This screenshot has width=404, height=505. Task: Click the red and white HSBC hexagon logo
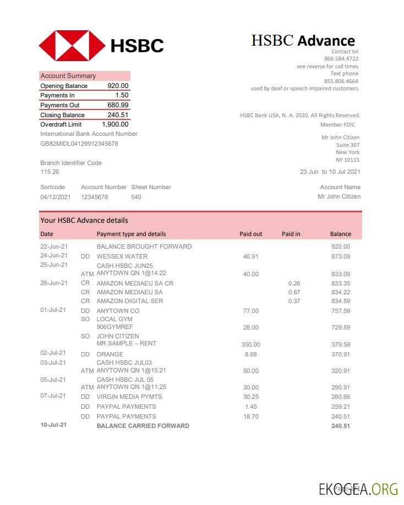[72, 45]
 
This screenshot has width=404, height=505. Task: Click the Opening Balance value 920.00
[118, 86]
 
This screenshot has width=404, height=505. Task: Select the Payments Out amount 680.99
[118, 105]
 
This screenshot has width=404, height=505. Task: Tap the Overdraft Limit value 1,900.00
[115, 124]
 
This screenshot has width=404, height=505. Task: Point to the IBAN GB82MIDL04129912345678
[79, 144]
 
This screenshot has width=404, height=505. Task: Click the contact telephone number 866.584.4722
[341, 58]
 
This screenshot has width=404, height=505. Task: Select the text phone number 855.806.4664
[341, 81]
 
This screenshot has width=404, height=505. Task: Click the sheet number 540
[136, 197]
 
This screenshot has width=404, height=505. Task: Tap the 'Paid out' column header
[250, 234]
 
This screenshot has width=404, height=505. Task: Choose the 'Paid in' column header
[291, 234]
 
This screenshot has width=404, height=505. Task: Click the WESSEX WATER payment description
[122, 256]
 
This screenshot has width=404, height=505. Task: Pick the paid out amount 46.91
[250, 256]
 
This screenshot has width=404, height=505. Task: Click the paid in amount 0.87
[294, 292]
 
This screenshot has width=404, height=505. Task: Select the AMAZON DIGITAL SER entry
[130, 301]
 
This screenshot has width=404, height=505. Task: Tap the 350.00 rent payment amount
[252, 344]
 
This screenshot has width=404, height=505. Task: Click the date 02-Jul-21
[53, 353]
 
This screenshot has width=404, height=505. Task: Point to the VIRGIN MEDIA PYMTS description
[129, 397]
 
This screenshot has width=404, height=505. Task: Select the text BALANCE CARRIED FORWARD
[143, 426]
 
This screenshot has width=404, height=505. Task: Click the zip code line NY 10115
[347, 160]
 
